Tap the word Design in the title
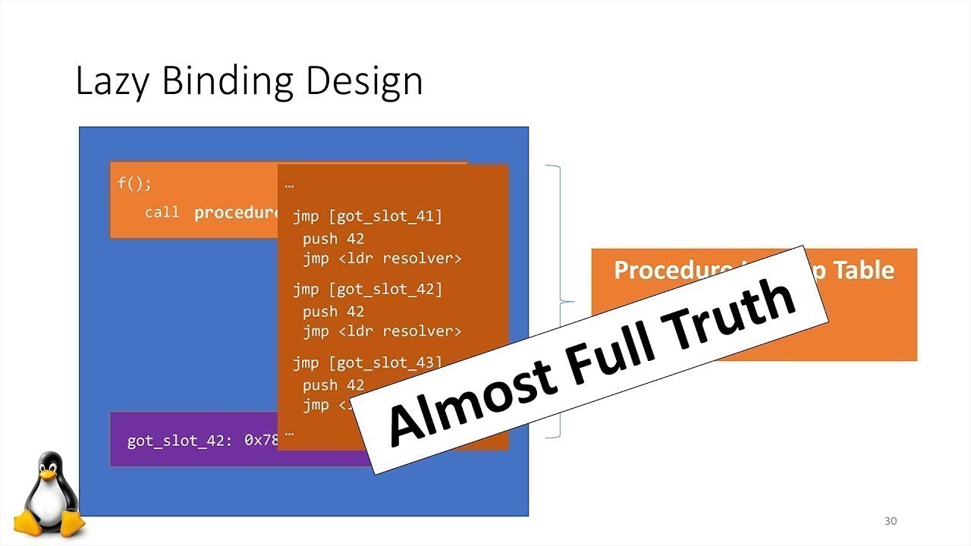coord(364,82)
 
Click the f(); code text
coord(134,184)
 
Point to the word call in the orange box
coord(162,212)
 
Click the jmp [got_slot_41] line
coord(367,217)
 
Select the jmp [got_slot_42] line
coord(367,289)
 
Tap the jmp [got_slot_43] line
coord(367,362)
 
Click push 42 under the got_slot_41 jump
coord(333,239)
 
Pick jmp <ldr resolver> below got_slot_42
coord(382,331)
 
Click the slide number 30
coord(891,521)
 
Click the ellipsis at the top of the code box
coord(289,184)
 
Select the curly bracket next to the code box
coord(561,302)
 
